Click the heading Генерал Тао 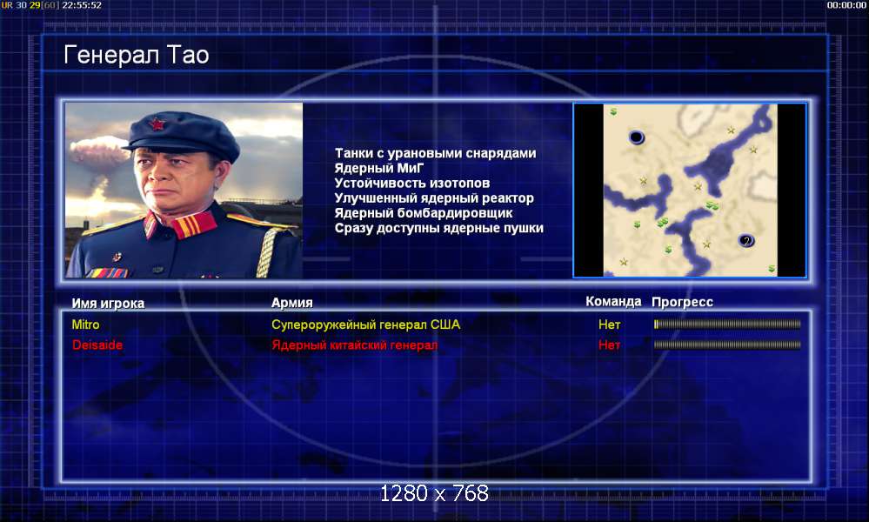[x=137, y=55]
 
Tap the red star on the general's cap [x=157, y=124]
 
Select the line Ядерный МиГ [x=379, y=168]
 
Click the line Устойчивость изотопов [x=411, y=183]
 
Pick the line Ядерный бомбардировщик [x=424, y=213]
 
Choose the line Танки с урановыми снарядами [x=435, y=153]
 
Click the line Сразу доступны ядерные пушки [x=439, y=228]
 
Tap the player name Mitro [x=85, y=325]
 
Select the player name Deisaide [x=97, y=345]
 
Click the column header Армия [x=292, y=303]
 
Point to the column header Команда [x=613, y=301]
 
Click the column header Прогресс [x=682, y=302]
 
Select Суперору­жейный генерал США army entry [x=365, y=325]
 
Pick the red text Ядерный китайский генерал [x=355, y=345]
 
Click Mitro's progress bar [x=727, y=325]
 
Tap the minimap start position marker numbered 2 [x=746, y=240]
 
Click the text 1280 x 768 [x=435, y=493]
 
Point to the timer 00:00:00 [x=846, y=5]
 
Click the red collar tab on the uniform [x=193, y=224]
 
